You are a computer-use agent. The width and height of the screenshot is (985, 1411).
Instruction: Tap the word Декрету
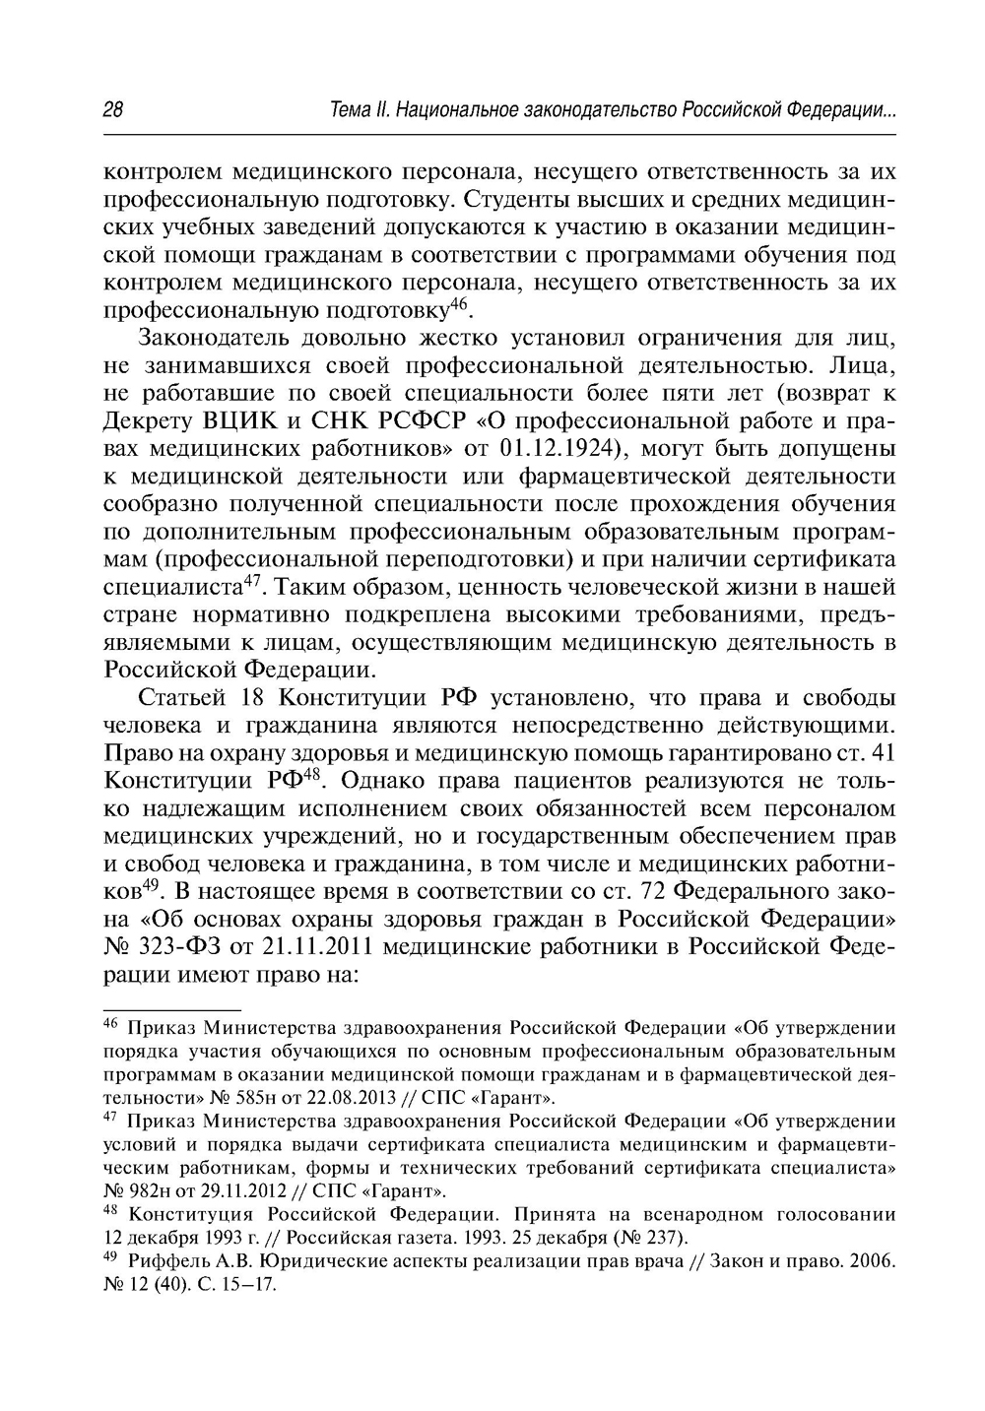[x=149, y=421]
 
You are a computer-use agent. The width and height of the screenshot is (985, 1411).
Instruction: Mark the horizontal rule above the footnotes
[x=172, y=1010]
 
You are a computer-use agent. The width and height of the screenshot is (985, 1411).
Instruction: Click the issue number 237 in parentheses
[x=665, y=1237]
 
